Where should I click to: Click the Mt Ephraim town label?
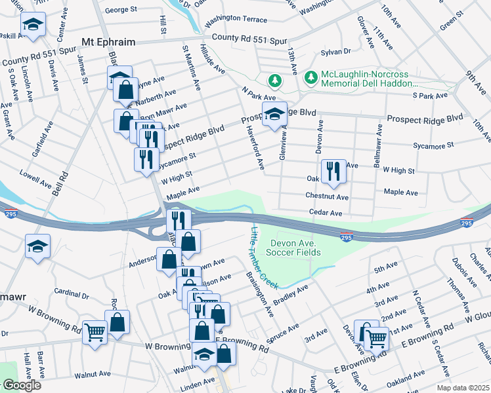click(108, 42)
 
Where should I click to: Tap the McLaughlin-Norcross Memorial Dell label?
click(368, 79)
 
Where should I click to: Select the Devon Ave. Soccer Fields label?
click(294, 248)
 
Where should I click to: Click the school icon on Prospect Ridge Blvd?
click(274, 114)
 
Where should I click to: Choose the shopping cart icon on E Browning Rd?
click(375, 339)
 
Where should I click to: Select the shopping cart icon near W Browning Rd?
click(95, 333)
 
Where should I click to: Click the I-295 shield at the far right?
click(467, 223)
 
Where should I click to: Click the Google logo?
click(22, 385)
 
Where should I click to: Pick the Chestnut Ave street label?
click(326, 196)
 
